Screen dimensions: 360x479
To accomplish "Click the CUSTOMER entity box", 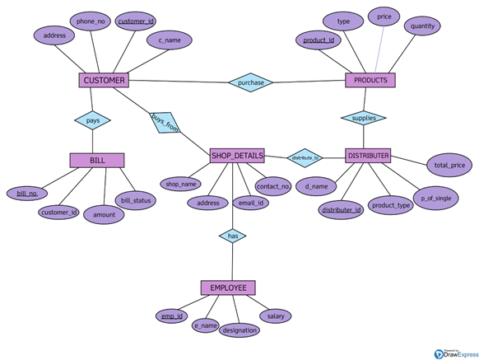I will (104, 81).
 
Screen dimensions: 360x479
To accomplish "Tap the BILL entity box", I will (97, 160).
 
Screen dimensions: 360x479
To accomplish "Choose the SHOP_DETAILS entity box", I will (237, 155).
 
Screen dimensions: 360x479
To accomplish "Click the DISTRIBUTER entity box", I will (368, 155).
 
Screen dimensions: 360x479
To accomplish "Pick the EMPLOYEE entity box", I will (228, 288).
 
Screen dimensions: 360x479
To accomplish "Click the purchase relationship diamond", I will (251, 82).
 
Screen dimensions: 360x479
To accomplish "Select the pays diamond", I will (92, 120).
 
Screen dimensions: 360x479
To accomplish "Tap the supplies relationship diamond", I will (363, 118).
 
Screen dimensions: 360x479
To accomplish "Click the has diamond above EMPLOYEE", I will (232, 236).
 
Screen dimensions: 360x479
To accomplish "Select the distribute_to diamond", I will (305, 157).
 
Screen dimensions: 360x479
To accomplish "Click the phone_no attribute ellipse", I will (91, 21).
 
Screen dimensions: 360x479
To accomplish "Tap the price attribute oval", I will (384, 16).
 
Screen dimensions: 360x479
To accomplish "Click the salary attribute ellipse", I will (275, 316).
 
